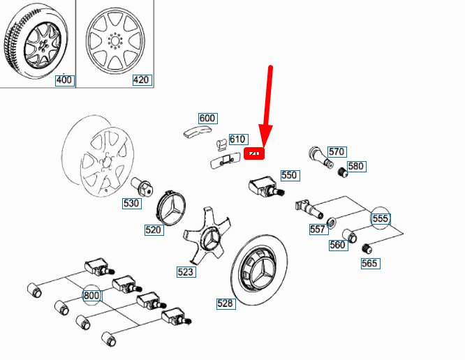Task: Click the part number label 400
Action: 64,80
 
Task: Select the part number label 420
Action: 141,80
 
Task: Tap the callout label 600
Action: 207,119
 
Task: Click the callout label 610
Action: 238,140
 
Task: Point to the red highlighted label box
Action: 254,153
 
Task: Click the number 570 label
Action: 337,151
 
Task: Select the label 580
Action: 356,166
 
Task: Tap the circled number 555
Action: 380,218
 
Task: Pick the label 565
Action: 369,263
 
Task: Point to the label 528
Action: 225,303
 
